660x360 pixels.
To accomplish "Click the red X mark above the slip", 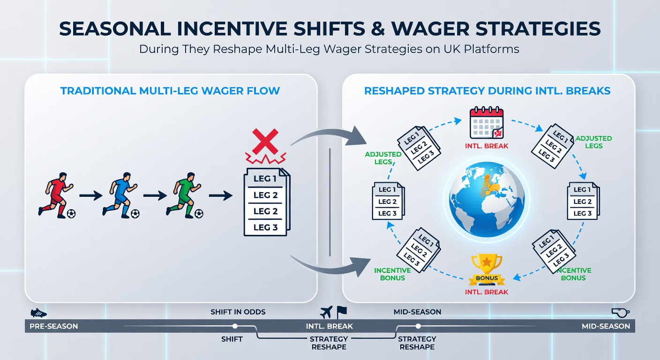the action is tap(265, 142).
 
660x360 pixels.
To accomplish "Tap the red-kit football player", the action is tap(56, 195).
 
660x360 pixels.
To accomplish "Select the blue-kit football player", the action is tap(120, 195).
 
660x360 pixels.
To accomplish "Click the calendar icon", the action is tap(487, 122).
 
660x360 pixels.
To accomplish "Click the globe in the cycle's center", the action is tap(487, 199).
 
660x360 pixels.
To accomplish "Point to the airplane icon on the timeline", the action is tap(326, 312).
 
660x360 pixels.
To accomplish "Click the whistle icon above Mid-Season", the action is tap(620, 313).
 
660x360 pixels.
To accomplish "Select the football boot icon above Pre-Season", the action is tap(38, 313).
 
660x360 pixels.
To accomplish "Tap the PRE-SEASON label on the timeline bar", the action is tap(53, 326).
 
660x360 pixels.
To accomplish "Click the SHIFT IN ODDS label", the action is tap(238, 312).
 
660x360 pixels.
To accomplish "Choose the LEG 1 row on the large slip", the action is tap(265, 179).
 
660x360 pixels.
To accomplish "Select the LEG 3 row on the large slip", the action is tap(265, 227).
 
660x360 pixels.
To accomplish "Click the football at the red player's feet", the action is tap(71, 214).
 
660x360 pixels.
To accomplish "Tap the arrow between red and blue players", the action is tap(91, 195).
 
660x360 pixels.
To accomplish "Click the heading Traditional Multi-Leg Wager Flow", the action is tap(170, 91).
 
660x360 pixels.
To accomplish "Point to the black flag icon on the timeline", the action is tap(342, 312).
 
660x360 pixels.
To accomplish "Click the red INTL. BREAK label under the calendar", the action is tap(487, 146).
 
